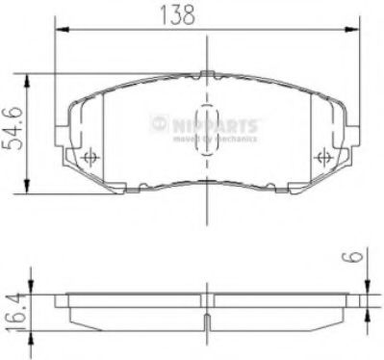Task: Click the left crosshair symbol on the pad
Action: pyautogui.click(x=91, y=158)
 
